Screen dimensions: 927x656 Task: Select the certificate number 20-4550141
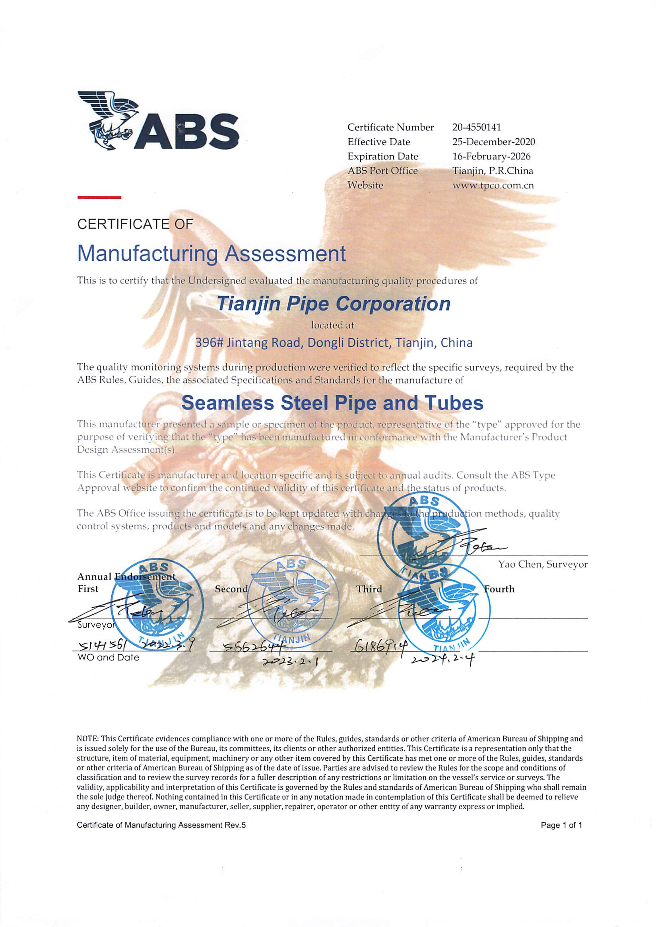[477, 128]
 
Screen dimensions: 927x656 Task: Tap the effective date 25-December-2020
[494, 142]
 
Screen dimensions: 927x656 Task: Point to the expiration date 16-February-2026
[491, 157]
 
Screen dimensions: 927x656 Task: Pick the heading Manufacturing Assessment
[211, 254]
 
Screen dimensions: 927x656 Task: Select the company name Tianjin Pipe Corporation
[334, 304]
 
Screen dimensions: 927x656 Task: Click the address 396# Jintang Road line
[334, 343]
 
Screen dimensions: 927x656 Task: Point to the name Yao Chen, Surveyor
[543, 565]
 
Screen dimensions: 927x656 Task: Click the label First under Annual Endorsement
[88, 589]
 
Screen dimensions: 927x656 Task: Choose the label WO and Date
[108, 657]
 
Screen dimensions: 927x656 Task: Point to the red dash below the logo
[99, 197]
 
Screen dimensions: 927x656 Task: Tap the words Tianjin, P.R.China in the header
[493, 171]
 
